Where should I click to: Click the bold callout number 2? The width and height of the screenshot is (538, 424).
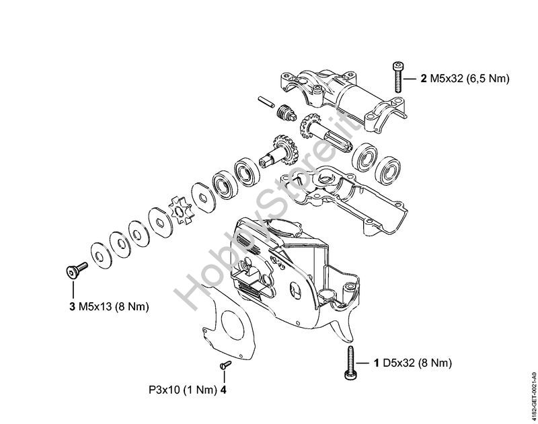(x=424, y=79)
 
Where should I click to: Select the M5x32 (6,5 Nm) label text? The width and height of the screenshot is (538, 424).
(x=469, y=79)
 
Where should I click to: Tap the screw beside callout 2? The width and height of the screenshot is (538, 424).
(x=398, y=77)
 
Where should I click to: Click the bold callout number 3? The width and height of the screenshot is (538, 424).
(x=72, y=306)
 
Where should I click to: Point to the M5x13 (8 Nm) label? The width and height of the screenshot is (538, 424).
(x=114, y=307)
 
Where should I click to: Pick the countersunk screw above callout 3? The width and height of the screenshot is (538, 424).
(x=76, y=269)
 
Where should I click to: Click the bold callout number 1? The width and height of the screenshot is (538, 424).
(x=377, y=363)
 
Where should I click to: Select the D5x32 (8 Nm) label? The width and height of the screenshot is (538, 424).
(x=417, y=363)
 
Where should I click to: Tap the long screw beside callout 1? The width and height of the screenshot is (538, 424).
(x=350, y=363)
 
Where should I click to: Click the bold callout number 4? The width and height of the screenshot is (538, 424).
(x=223, y=390)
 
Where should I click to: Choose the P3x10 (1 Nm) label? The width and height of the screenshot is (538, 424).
(x=183, y=390)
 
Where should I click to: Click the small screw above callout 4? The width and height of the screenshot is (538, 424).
(x=225, y=365)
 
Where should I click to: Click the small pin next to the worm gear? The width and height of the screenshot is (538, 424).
(x=266, y=102)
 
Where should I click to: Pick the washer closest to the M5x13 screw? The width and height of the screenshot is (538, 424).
(x=100, y=256)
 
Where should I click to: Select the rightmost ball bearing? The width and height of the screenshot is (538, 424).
(x=389, y=172)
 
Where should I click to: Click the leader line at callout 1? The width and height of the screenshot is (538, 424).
(x=363, y=363)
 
